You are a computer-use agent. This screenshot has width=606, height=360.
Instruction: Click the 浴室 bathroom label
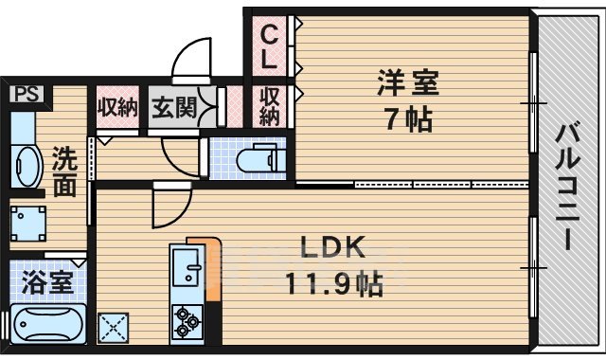coord(42,282)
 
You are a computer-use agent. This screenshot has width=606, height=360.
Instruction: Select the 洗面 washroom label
coord(64,171)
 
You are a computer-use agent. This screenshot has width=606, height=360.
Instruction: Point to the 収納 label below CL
coord(270,106)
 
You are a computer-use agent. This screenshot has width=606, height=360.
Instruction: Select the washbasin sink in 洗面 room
coord(25,166)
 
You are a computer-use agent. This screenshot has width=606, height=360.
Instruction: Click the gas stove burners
coord(185,321)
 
